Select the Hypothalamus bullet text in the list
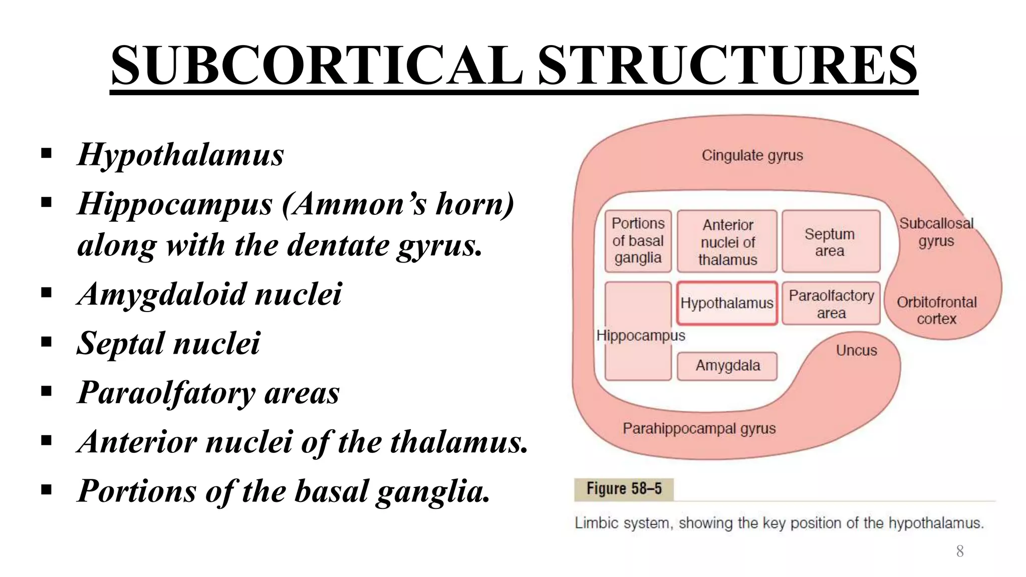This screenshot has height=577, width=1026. click(180, 154)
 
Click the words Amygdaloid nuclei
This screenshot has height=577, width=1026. click(209, 294)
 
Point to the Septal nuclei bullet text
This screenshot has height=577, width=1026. click(168, 343)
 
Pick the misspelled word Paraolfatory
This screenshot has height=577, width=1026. click(166, 392)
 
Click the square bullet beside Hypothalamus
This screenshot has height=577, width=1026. click(47, 153)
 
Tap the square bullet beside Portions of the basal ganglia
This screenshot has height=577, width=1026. click(47, 489)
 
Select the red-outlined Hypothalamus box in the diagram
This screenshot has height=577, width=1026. click(726, 303)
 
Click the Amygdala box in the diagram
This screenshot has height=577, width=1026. click(727, 366)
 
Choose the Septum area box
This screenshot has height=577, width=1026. click(830, 242)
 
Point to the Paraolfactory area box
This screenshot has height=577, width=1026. click(831, 304)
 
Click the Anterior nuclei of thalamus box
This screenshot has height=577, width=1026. click(727, 242)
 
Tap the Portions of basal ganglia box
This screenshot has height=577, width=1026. click(638, 241)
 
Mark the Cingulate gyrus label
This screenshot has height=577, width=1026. click(752, 155)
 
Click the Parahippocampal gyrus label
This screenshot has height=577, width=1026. click(699, 429)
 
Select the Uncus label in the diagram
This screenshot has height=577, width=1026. click(856, 350)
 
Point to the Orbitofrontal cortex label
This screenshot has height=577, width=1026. click(936, 310)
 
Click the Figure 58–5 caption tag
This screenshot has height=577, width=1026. click(624, 489)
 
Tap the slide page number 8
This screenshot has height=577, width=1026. click(959, 551)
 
